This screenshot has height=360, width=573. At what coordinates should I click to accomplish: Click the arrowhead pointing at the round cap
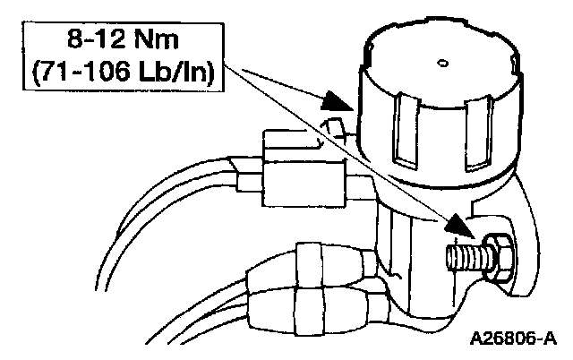coord(338,100)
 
